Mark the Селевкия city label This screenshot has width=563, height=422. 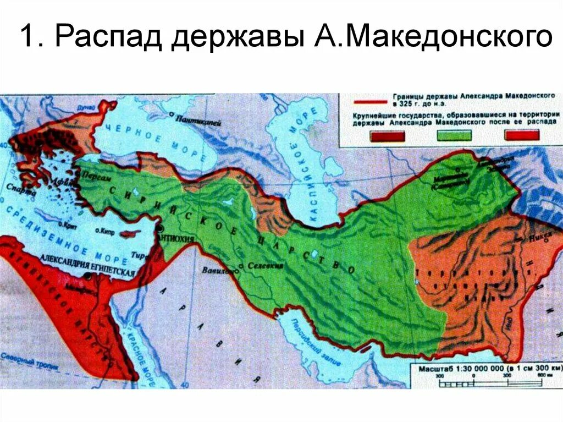point(266,266)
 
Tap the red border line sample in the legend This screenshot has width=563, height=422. point(375,102)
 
